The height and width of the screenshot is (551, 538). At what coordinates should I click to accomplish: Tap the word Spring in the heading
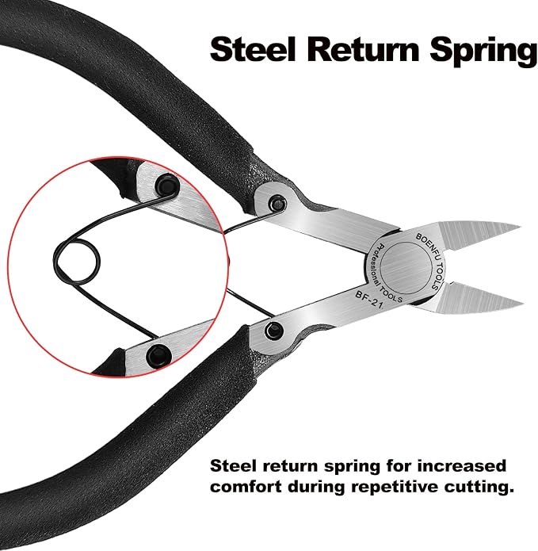pos(484,52)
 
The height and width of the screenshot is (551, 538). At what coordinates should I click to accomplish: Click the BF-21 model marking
pos(368,300)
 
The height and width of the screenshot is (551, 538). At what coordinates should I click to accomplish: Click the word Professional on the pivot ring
pos(376,268)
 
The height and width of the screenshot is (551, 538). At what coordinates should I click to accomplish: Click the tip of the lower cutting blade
pos(523,302)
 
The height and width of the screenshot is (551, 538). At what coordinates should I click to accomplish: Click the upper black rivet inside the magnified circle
pos(167,185)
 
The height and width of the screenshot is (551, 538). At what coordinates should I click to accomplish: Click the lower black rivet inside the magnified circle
pos(158,354)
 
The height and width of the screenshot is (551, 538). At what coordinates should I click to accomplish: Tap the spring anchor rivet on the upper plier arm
pos(277,204)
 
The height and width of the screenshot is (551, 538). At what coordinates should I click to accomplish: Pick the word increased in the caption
pos(462,466)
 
